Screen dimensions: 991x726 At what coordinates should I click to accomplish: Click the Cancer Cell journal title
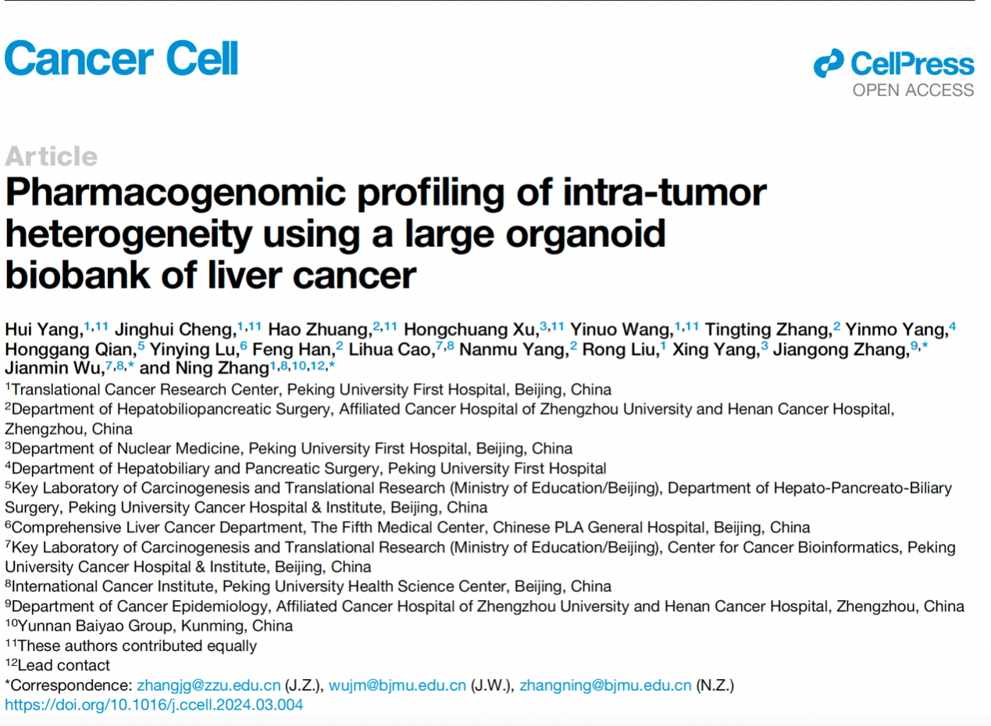coord(122,58)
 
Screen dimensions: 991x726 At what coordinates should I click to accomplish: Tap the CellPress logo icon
coord(829,63)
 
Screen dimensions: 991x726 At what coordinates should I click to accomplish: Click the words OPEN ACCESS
coord(913,91)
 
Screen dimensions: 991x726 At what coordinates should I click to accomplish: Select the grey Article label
coord(52,156)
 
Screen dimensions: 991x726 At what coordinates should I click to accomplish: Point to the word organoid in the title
coord(586,234)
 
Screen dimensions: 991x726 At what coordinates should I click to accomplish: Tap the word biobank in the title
coord(78,275)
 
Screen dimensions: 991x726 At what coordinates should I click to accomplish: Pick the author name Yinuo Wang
coord(622,331)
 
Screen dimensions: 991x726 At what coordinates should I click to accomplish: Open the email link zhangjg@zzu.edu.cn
coord(209,685)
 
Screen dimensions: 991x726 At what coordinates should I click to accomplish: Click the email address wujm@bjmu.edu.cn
coord(397,685)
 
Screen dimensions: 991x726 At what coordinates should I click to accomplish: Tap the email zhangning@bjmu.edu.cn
coord(605,685)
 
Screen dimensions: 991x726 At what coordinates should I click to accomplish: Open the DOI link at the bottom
coord(154,705)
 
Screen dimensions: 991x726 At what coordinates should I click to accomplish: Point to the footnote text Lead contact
coord(64,665)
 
